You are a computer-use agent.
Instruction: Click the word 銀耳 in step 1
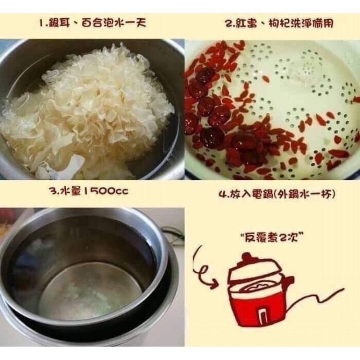click(59, 23)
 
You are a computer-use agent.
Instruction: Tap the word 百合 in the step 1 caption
click(92, 23)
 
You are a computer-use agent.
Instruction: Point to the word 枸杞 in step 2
click(279, 24)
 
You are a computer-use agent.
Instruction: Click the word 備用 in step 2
click(323, 24)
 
